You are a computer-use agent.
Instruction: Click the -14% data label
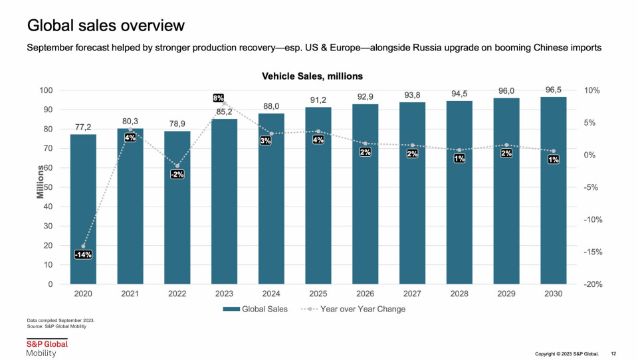click(x=83, y=254)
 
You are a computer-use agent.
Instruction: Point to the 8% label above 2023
click(x=218, y=98)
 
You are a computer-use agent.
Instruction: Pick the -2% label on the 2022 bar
click(x=177, y=174)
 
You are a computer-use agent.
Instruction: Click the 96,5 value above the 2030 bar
click(x=554, y=88)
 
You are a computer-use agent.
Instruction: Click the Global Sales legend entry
click(x=256, y=309)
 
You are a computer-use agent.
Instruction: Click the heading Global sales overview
click(x=106, y=26)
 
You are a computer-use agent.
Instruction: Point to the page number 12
click(x=613, y=353)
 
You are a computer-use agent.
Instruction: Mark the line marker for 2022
click(x=177, y=165)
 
